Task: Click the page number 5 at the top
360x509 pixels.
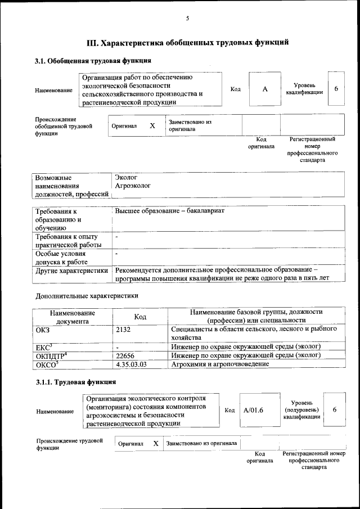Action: (187, 19)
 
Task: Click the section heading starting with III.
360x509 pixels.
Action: (187, 42)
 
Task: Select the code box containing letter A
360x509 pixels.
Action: (264, 89)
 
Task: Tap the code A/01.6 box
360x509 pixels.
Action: (254, 410)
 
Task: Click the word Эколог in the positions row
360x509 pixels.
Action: (126, 177)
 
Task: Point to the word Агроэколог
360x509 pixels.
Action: (133, 185)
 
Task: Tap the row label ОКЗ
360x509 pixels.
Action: (43, 329)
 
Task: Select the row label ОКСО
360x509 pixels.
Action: (47, 364)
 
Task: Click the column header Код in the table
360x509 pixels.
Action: (140, 317)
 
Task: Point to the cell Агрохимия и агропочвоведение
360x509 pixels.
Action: (220, 364)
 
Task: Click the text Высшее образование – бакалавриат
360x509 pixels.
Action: (170, 210)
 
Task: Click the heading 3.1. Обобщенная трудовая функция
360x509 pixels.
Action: (93, 61)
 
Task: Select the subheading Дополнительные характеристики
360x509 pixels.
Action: (87, 295)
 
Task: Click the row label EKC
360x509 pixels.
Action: (43, 347)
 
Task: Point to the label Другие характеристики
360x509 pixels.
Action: (71, 271)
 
